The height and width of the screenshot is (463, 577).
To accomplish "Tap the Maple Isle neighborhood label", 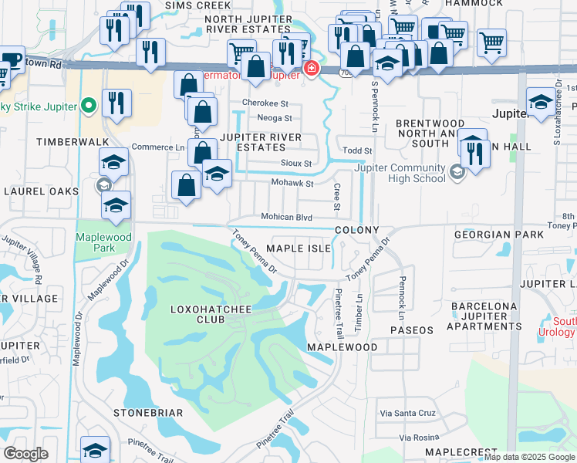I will (299, 248).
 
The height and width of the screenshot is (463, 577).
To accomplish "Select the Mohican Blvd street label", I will (286, 218).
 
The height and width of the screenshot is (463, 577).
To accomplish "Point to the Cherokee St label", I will (265, 103).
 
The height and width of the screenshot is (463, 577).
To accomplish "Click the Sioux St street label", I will (296, 164).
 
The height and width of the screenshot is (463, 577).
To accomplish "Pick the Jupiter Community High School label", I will (400, 174).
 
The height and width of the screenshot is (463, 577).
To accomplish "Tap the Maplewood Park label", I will (96, 242).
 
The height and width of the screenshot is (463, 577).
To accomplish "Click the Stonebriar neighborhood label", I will (148, 413).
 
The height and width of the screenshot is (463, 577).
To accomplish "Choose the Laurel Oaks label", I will (42, 191).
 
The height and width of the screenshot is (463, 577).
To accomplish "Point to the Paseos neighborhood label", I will (412, 330).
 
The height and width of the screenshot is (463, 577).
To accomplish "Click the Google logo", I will (25, 454).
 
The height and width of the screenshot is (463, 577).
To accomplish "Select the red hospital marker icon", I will (311, 69).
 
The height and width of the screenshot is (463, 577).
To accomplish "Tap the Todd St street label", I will (358, 150).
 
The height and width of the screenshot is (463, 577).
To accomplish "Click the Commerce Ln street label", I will (158, 147).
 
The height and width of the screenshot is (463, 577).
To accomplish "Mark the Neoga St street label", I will (275, 118).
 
